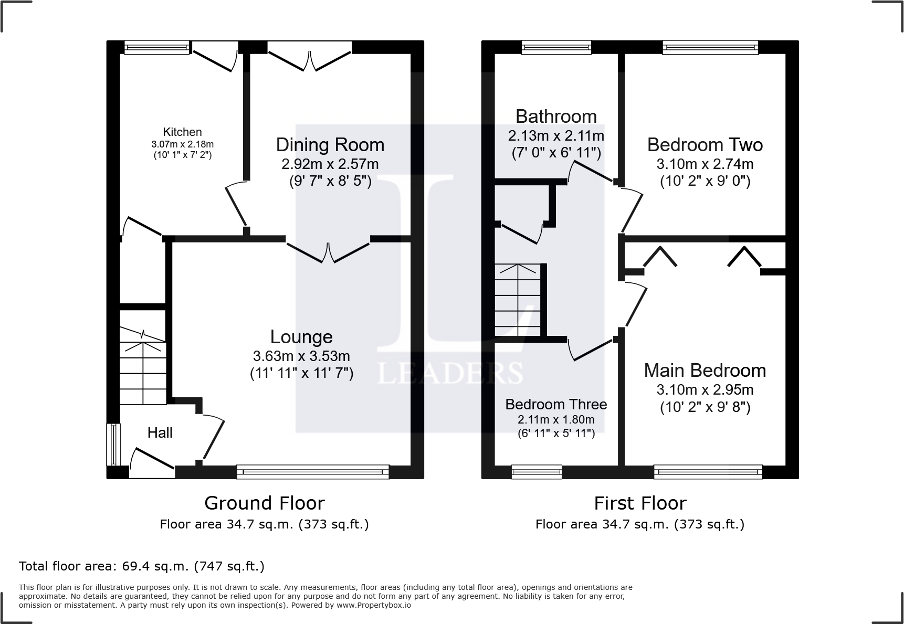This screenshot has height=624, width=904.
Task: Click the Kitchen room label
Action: tap(182, 132)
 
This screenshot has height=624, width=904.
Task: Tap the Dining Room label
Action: tap(330, 145)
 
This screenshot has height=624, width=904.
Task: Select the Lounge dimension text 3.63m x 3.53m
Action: tap(301, 356)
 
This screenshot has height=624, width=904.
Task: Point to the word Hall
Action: tap(160, 433)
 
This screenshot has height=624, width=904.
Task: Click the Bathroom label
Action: tap(556, 116)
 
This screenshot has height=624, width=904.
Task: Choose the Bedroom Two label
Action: tap(705, 145)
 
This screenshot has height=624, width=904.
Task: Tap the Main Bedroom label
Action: tap(705, 371)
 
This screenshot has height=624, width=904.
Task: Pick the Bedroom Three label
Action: tap(556, 405)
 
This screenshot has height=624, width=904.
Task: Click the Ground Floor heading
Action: tap(265, 503)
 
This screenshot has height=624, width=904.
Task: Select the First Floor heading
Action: tap(640, 504)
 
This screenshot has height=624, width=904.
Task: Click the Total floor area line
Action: tap(142, 566)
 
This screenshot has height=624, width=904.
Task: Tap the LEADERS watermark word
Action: tap(450, 373)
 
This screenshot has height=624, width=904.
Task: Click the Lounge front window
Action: tap(313, 472)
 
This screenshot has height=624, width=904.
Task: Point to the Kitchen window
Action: tap(157, 48)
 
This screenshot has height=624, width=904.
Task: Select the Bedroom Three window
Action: tap(537, 472)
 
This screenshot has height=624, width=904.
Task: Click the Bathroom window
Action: tap(556, 48)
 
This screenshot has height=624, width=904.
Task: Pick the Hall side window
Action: tap(113, 445)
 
